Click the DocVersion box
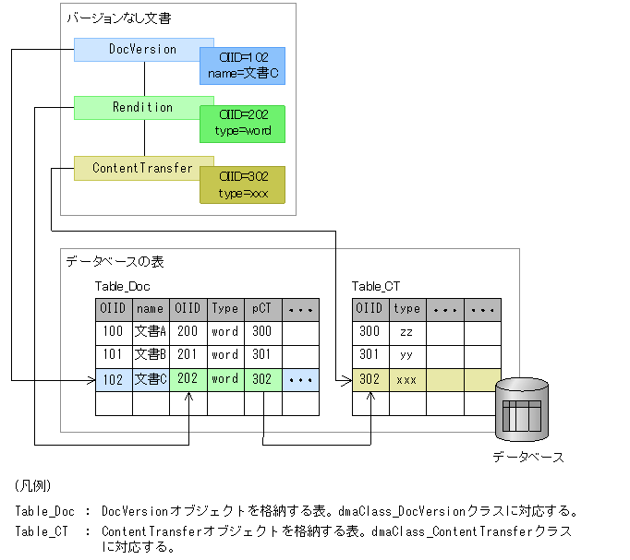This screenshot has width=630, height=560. tap(142, 50)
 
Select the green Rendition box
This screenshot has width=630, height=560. tap(142, 108)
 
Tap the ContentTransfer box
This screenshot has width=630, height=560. tap(142, 169)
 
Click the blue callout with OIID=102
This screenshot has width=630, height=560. tap(243, 66)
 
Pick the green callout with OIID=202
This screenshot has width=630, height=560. tap(243, 124)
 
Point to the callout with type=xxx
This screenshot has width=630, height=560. tap(243, 185)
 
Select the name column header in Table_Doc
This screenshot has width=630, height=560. tap(151, 309)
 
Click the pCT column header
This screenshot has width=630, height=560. tap(262, 309)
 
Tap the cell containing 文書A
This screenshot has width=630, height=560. tap(151, 332)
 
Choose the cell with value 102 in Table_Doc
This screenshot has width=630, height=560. tap(114, 379)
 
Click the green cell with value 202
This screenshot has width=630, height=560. tap(188, 379)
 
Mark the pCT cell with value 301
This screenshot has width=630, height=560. tap(262, 355)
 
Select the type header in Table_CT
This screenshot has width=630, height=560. tap(406, 309)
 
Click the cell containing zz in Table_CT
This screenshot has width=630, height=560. tap(406, 332)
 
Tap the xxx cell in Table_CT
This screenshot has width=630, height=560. tap(406, 379)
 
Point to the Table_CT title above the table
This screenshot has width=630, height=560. tap(376, 287)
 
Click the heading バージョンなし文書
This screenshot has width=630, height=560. tap(118, 18)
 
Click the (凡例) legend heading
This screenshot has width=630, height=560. tap(33, 485)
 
